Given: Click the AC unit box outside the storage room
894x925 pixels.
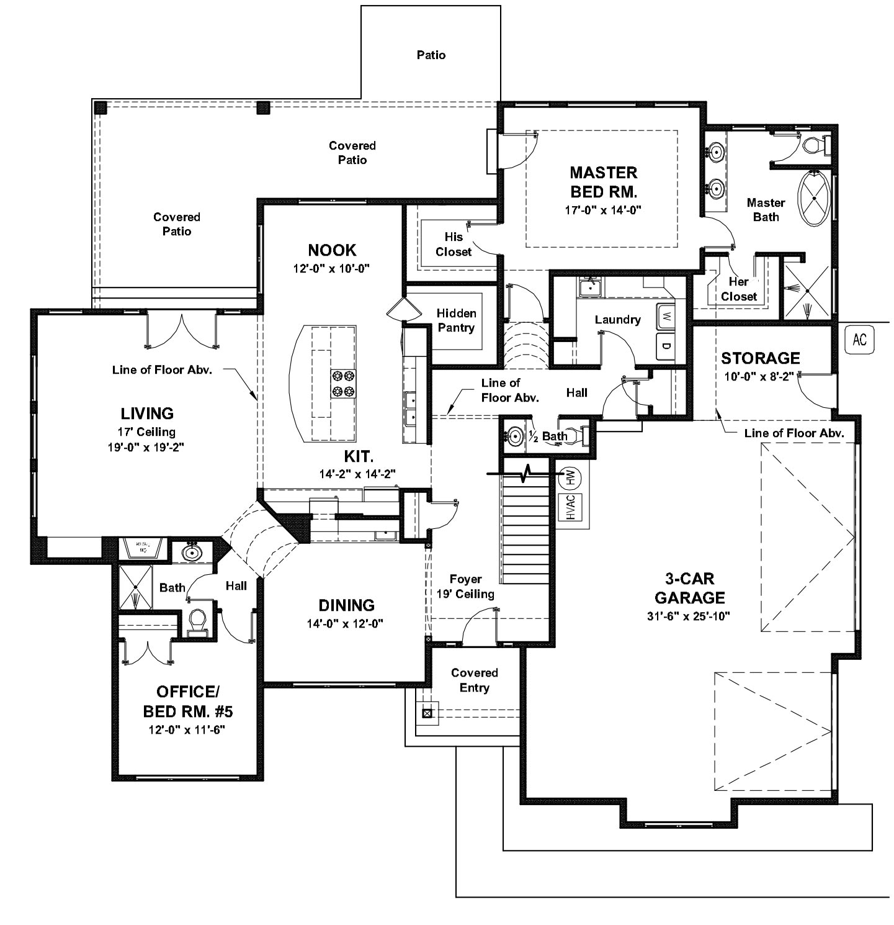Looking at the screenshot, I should (x=859, y=340).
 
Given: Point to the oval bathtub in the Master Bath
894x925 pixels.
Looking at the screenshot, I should (x=813, y=199).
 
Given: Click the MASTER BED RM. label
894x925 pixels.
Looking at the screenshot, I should (x=603, y=181).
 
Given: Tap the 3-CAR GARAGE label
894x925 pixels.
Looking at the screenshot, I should (x=689, y=589).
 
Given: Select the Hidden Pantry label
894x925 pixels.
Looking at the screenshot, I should (x=456, y=320).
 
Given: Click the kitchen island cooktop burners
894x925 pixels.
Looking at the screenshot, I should (x=343, y=383).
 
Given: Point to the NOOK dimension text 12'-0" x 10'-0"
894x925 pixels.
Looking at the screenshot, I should (x=332, y=269).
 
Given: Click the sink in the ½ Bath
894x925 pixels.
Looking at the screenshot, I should (x=513, y=436).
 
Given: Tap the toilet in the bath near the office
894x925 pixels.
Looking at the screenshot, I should (x=197, y=620).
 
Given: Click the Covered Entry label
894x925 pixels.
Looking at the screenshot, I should (x=475, y=680).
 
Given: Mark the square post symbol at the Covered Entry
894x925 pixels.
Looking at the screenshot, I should (x=427, y=713).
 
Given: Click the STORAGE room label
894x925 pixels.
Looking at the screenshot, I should (x=760, y=358).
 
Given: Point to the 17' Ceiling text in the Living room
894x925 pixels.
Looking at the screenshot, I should (x=147, y=431).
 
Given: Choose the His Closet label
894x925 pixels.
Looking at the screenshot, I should (x=454, y=244).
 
